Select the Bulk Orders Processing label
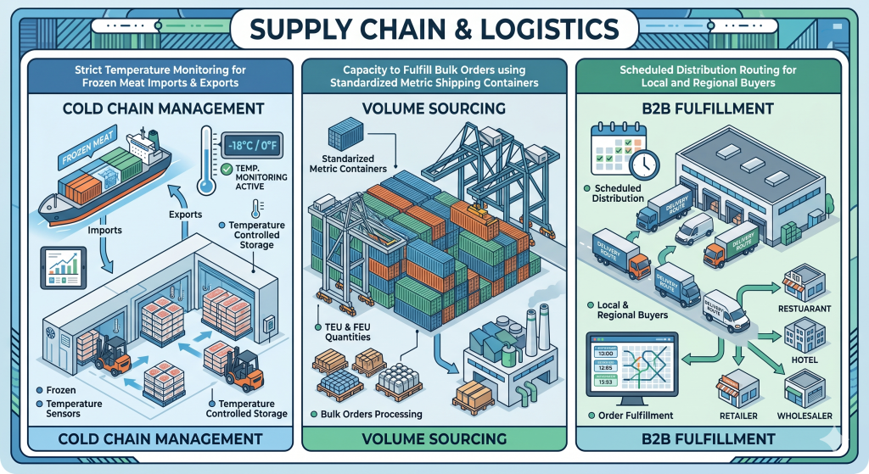point(372,414)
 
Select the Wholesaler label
point(805,415)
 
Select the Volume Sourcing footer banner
point(434,438)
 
